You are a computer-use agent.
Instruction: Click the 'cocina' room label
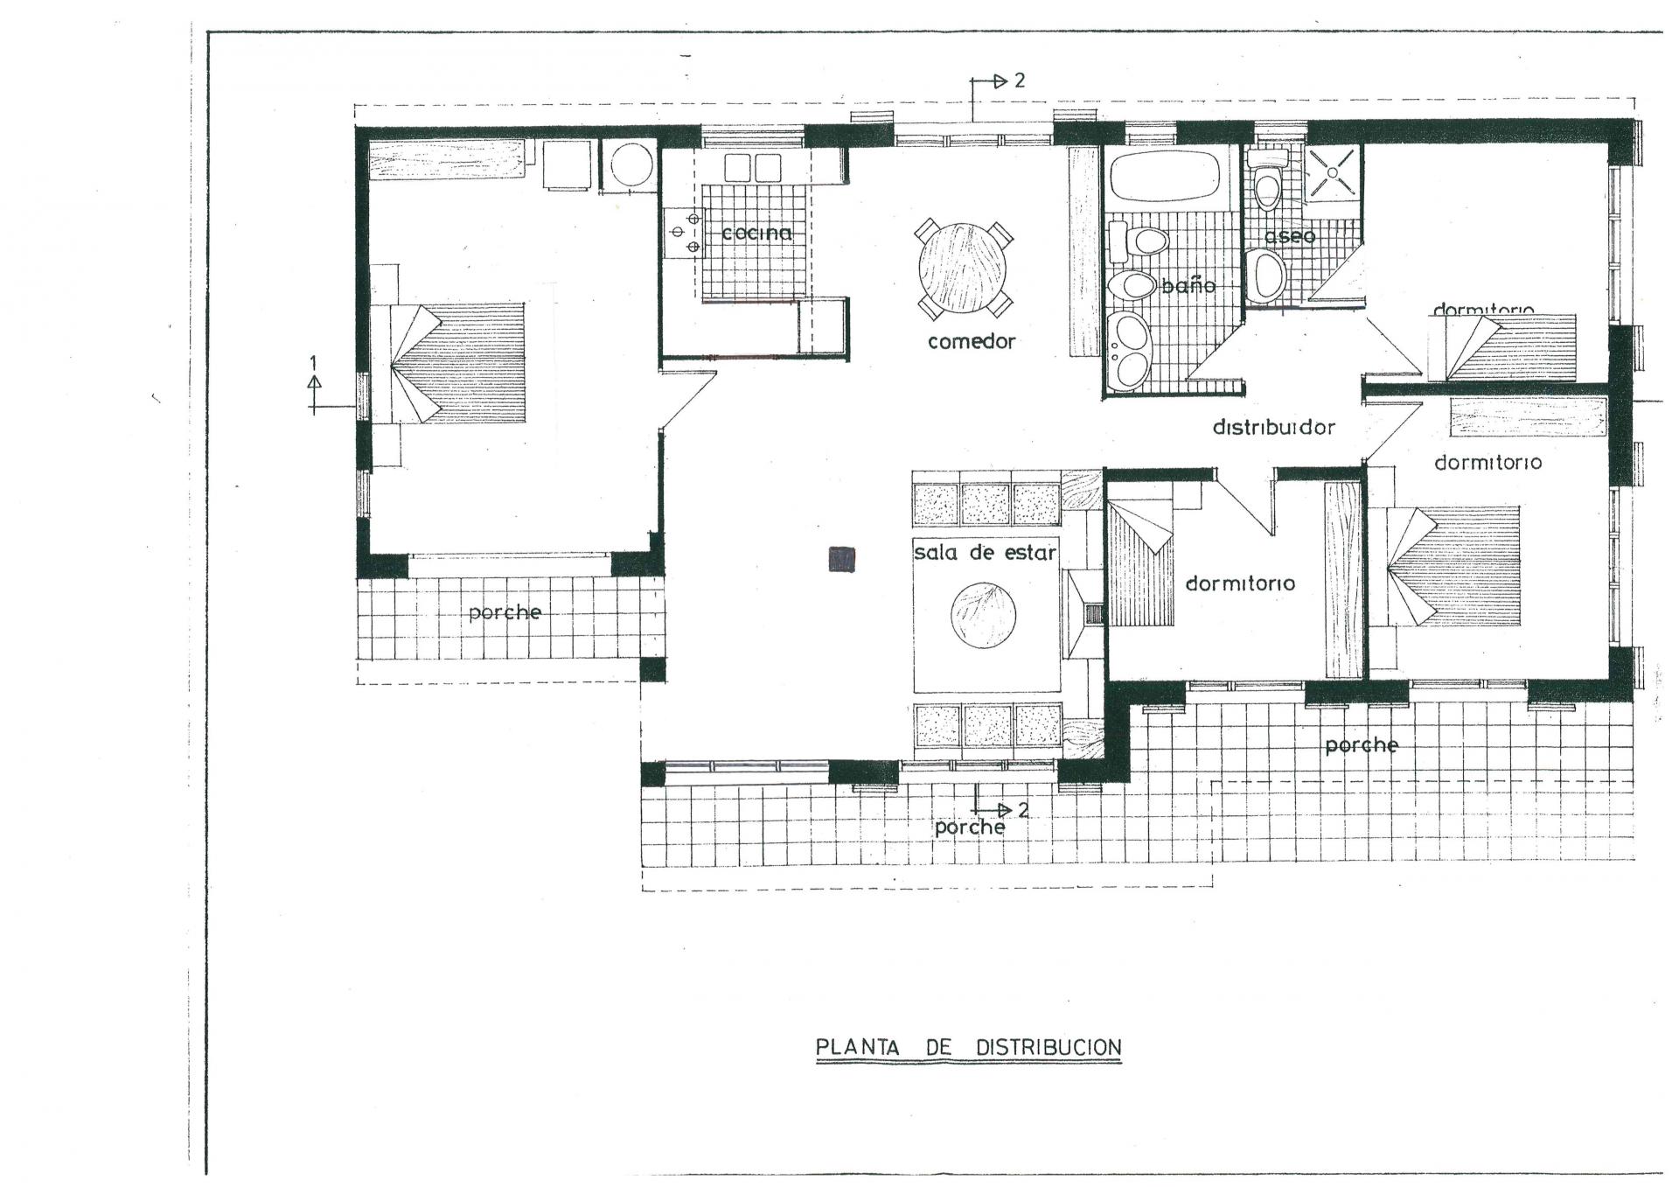[x=757, y=233]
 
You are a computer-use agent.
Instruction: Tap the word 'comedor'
[x=972, y=341]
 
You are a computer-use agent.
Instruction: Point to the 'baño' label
[x=1188, y=285]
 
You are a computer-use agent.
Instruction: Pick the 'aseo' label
[x=1289, y=236]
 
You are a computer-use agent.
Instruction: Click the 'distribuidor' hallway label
[x=1273, y=428]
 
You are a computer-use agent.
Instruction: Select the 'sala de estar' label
[x=985, y=553]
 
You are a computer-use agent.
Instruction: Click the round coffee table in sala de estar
[x=983, y=615]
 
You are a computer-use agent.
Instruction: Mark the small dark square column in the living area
[x=842, y=558]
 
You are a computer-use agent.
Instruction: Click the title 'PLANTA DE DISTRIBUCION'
[x=968, y=1047]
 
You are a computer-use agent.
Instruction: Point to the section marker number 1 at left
[x=315, y=361]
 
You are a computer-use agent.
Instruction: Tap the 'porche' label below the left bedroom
[x=505, y=612]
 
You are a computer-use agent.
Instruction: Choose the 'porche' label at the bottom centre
[x=970, y=827]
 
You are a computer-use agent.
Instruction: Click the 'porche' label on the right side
[x=1362, y=745]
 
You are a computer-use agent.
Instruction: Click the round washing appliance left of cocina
[x=630, y=164]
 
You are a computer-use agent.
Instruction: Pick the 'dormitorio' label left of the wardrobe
[x=1240, y=583]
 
